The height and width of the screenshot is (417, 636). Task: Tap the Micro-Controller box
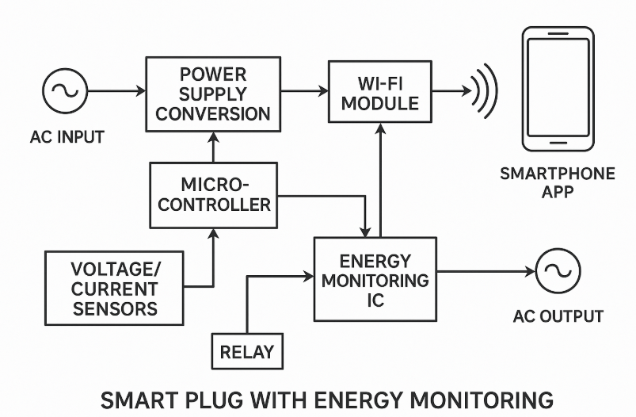[x=214, y=195]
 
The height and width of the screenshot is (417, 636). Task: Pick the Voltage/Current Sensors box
[x=113, y=289]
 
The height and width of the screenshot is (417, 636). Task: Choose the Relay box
[x=246, y=350]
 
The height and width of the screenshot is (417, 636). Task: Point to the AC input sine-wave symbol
[x=64, y=92]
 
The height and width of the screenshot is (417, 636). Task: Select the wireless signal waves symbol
[x=484, y=92]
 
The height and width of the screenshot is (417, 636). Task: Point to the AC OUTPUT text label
[x=558, y=317]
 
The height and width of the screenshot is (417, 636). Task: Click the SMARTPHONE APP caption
[x=558, y=183]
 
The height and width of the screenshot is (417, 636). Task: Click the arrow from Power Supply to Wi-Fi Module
[x=304, y=92]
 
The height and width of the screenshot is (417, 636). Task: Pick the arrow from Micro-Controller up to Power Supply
[x=212, y=147]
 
